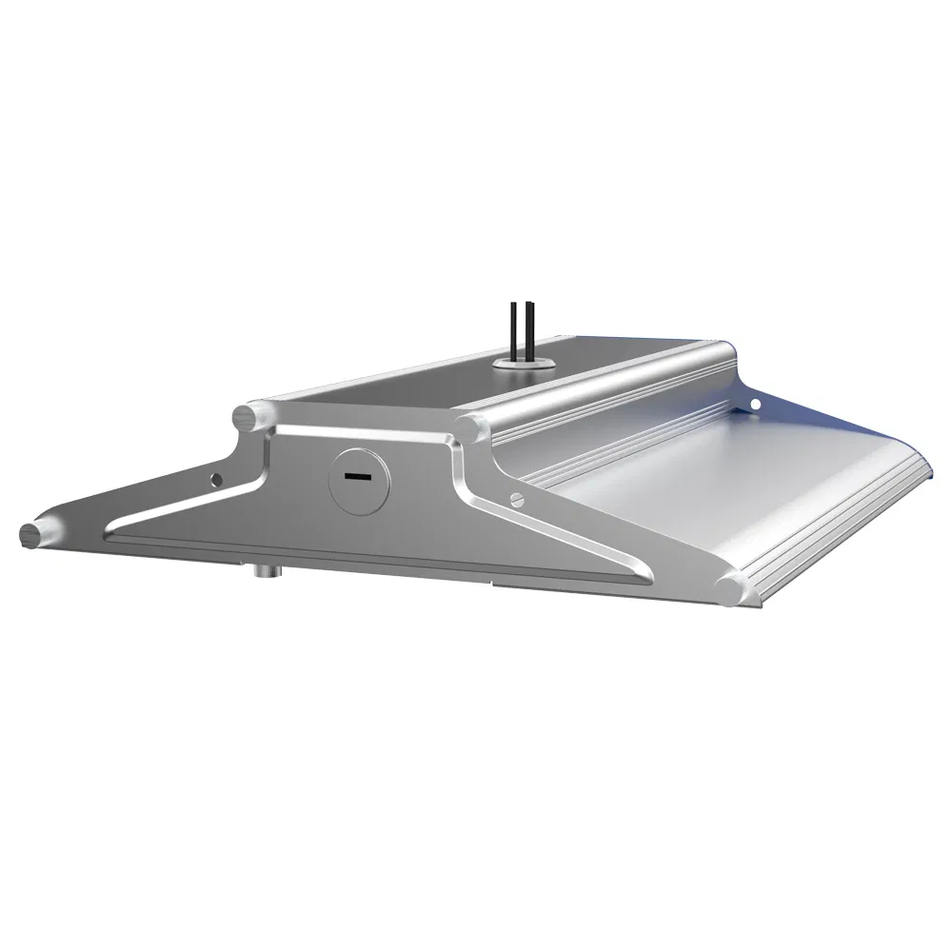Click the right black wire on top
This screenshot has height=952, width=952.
click(527, 329)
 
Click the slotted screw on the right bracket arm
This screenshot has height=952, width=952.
click(517, 498)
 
